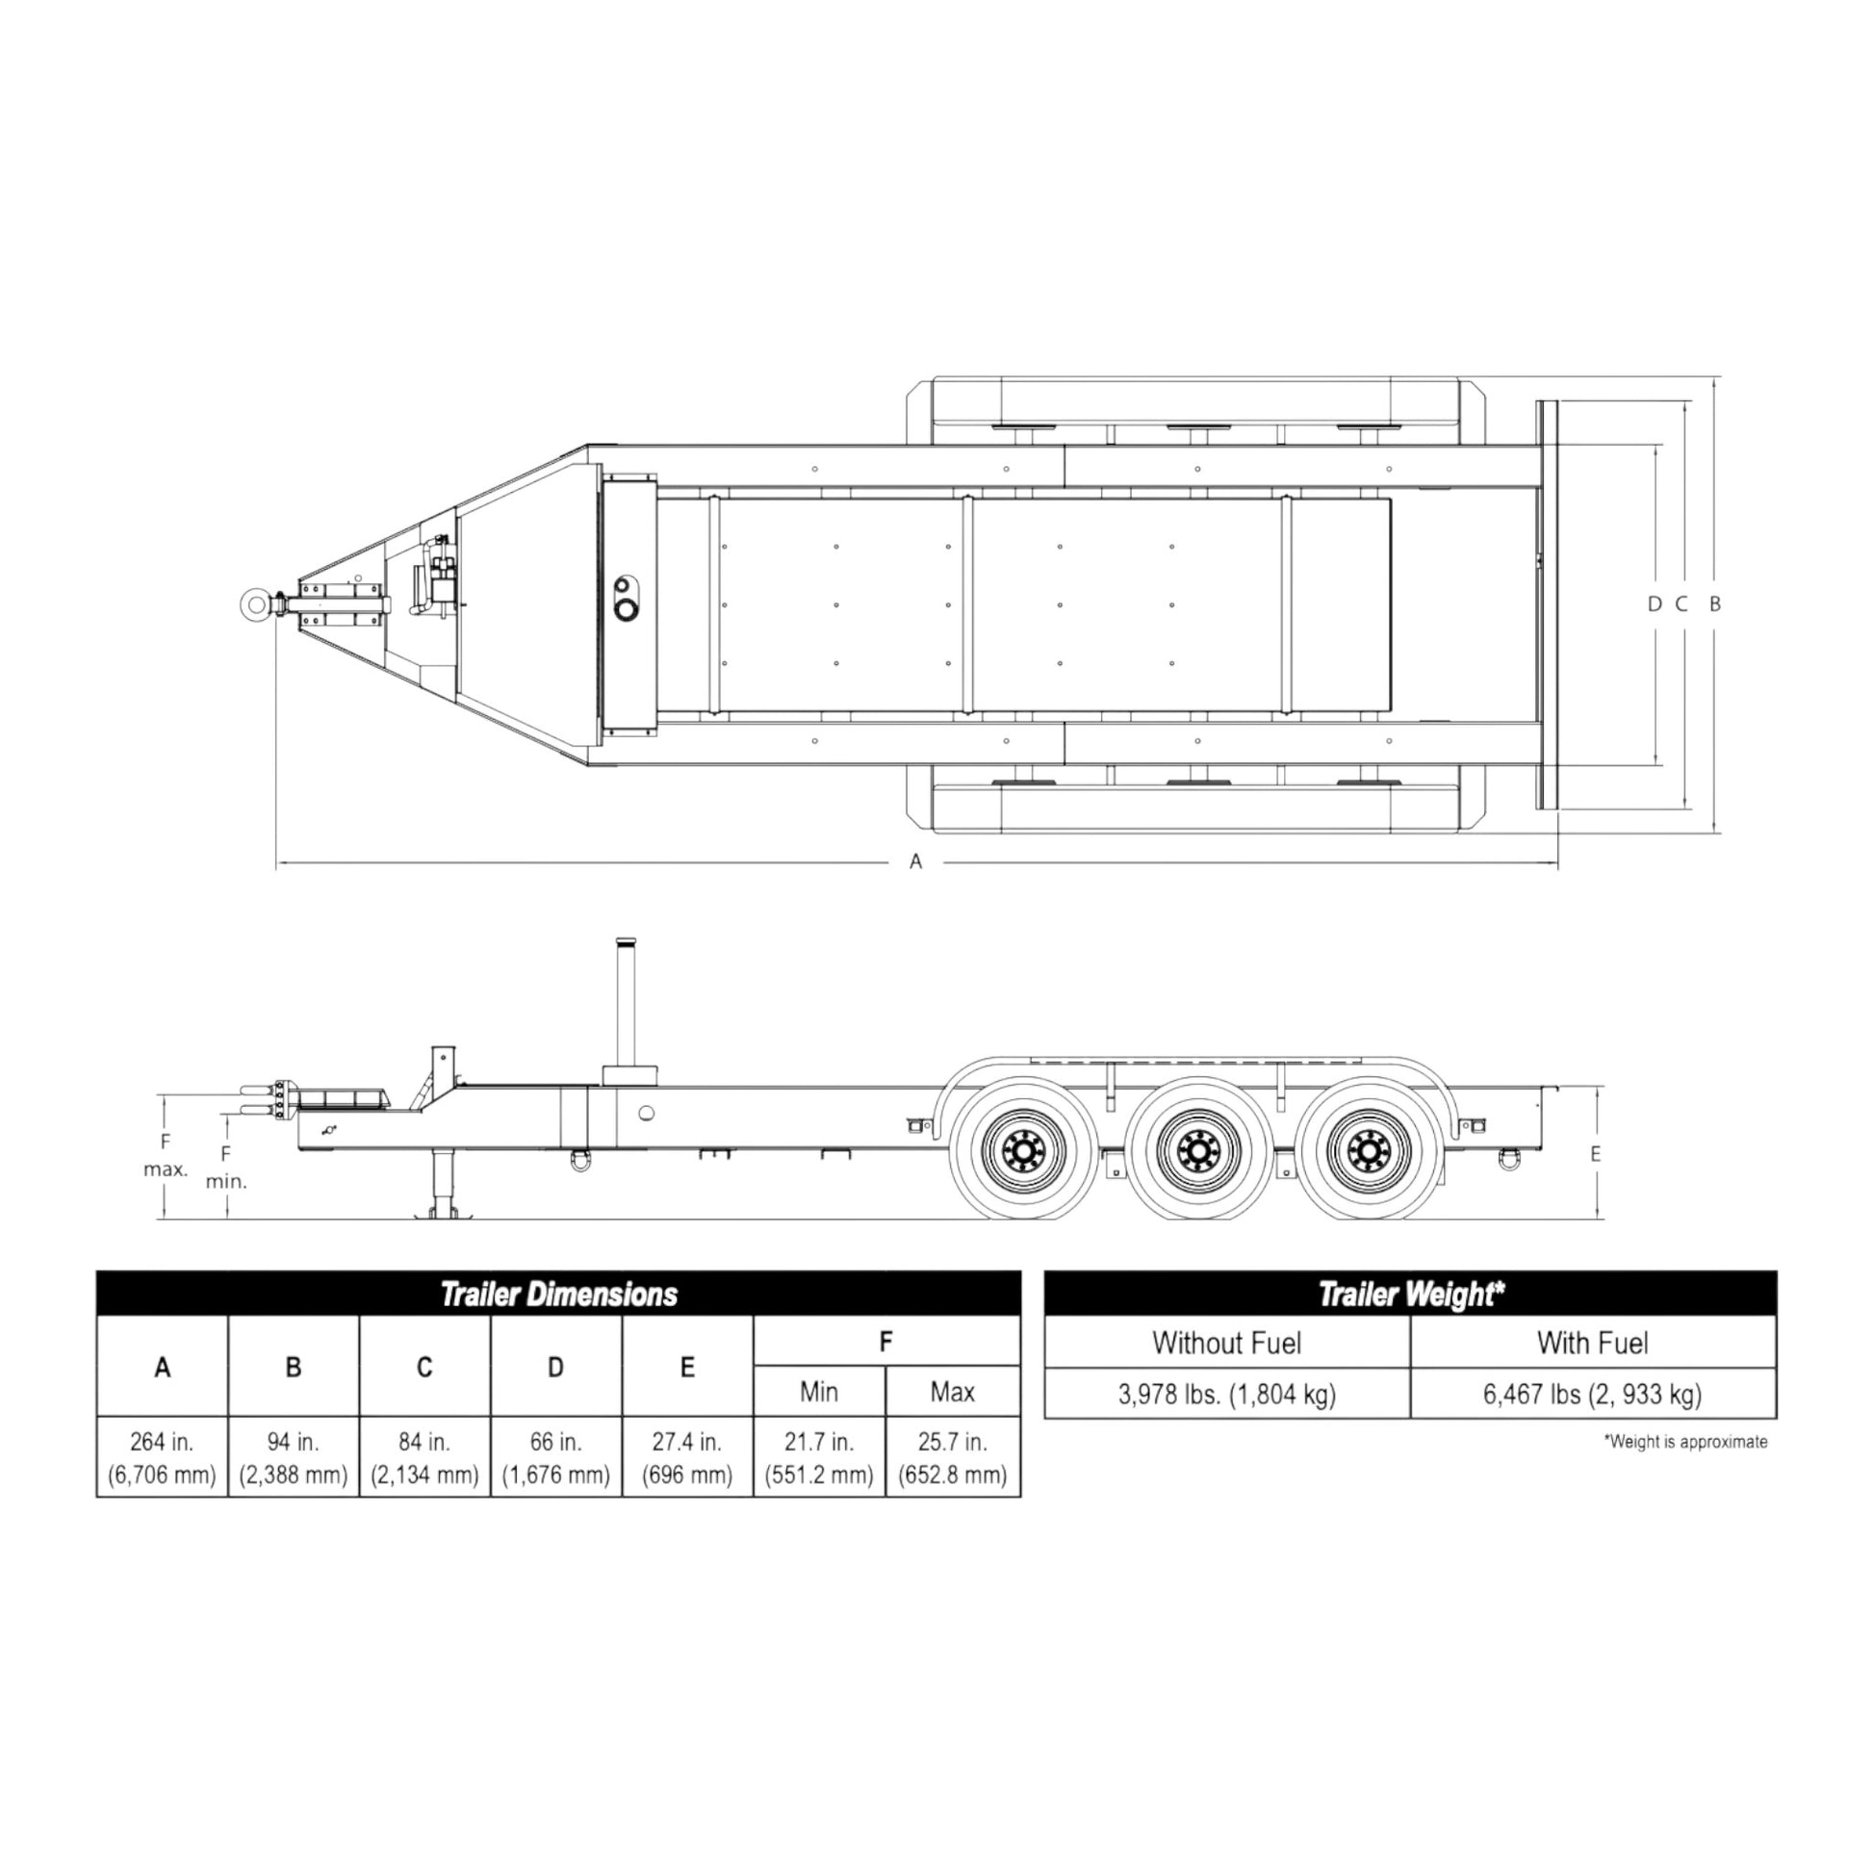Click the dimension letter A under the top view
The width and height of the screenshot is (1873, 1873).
(915, 860)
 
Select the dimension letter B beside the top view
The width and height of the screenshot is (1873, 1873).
(1715, 604)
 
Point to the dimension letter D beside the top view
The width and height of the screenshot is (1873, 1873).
(1654, 604)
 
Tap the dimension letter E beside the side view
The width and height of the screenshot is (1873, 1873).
(1596, 1154)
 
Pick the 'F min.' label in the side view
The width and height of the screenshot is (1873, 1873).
(226, 1167)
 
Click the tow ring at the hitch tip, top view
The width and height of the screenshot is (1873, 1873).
(254, 604)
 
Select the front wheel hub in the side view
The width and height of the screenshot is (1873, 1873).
(1023, 1151)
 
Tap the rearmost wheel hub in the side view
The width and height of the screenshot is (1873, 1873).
(1370, 1151)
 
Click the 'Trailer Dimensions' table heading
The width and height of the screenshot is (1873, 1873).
(558, 1295)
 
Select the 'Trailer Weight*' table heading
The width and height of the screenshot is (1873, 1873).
(1411, 1295)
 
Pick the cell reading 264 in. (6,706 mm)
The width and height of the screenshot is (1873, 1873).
(162, 1458)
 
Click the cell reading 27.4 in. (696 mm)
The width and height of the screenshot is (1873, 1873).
(687, 1458)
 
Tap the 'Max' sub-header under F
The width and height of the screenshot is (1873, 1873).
(952, 1392)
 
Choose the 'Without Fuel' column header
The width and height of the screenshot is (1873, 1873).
(1226, 1343)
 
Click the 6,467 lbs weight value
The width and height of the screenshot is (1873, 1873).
(1593, 1394)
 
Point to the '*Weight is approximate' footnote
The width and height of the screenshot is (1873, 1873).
(1686, 1442)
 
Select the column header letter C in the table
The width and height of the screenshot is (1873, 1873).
(424, 1367)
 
